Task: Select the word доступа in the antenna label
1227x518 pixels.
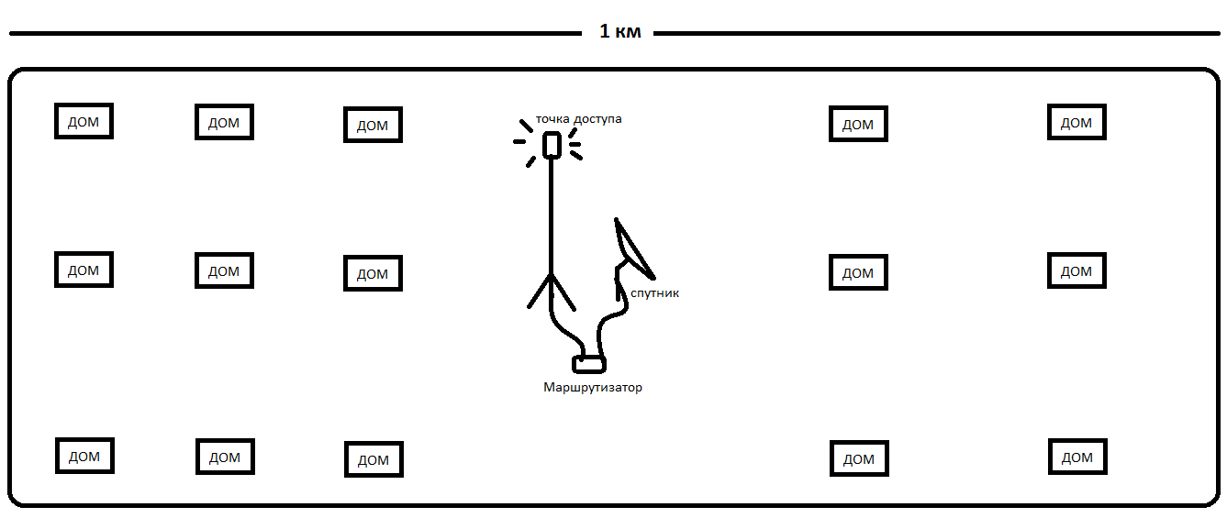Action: click(597, 119)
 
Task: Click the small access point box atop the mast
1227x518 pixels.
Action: click(552, 146)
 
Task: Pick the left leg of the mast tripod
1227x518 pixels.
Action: click(539, 292)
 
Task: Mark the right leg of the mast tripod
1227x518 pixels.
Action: click(563, 292)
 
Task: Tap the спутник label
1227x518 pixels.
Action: click(655, 293)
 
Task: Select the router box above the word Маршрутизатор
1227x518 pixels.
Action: click(589, 364)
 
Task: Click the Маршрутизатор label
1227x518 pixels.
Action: click(593, 388)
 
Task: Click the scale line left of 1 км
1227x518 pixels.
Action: click(294, 34)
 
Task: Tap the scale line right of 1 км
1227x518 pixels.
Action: click(936, 34)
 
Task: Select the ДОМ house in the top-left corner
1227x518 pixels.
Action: click(84, 121)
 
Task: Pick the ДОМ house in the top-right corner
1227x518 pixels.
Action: click(1076, 122)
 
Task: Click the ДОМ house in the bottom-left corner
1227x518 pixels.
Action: click(84, 456)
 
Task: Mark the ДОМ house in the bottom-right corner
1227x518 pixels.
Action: click(1077, 457)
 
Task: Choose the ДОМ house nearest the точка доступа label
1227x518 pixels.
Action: click(373, 125)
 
